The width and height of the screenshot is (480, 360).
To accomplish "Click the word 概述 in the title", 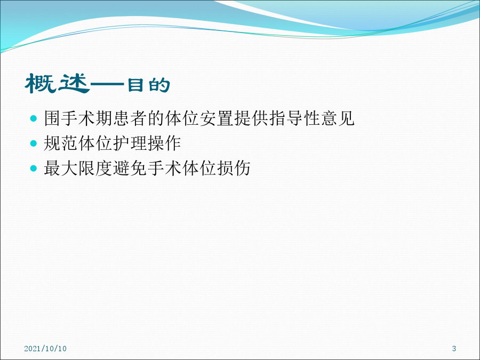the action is (x=57, y=83).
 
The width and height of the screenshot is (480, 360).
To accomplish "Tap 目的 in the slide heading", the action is (x=148, y=85).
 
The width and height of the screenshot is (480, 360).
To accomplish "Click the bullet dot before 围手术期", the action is (x=34, y=118).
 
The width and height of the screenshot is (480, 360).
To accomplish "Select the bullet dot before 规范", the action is (x=34, y=143).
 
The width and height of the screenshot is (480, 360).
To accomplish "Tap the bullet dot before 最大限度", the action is (x=34, y=168).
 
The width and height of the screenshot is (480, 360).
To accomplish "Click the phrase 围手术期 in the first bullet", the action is (x=78, y=118).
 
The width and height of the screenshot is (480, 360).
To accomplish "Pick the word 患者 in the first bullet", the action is (x=130, y=118).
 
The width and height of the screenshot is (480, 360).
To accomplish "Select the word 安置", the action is (x=217, y=118).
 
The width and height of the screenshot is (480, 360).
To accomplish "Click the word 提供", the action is (x=251, y=118).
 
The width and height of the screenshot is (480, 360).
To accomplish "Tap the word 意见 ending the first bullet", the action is (x=338, y=118).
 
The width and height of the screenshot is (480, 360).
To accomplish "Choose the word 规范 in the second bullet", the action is (x=61, y=143).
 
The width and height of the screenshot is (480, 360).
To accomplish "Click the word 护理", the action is (x=130, y=143).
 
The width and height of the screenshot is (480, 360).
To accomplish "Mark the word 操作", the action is (x=164, y=143).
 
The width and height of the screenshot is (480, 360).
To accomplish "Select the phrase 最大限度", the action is (x=78, y=168).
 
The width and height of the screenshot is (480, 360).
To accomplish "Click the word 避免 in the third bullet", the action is (x=130, y=168).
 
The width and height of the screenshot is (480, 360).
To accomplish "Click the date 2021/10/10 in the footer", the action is (x=45, y=348).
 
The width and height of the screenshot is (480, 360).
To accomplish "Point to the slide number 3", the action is (x=454, y=348).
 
